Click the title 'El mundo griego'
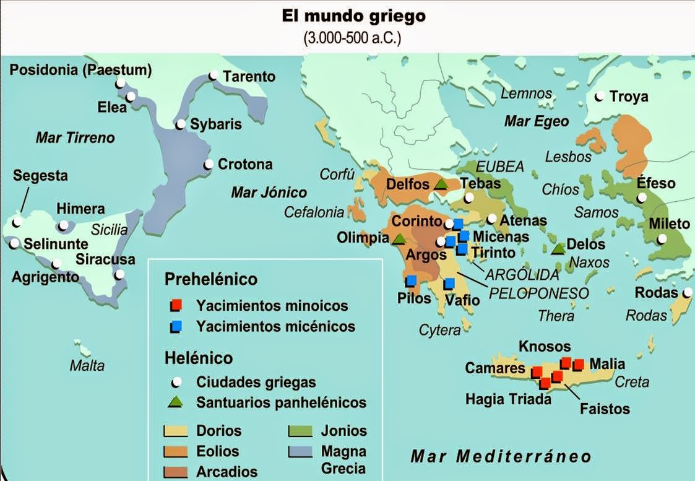coord(353,16)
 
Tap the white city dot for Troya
coord(599,97)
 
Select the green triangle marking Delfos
coord(441,184)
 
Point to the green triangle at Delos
coord(558,248)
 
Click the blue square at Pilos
coord(410,281)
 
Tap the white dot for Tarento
coord(213,76)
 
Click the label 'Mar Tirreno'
coord(75,137)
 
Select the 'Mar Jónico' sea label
coord(269,192)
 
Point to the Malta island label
coord(87,365)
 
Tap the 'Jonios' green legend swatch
coord(299,431)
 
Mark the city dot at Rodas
coord(688,293)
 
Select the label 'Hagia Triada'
coord(508,399)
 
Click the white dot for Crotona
coord(209,165)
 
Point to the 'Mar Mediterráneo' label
coord(501,457)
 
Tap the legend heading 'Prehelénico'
coord(211,279)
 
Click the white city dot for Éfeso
coord(642,197)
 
